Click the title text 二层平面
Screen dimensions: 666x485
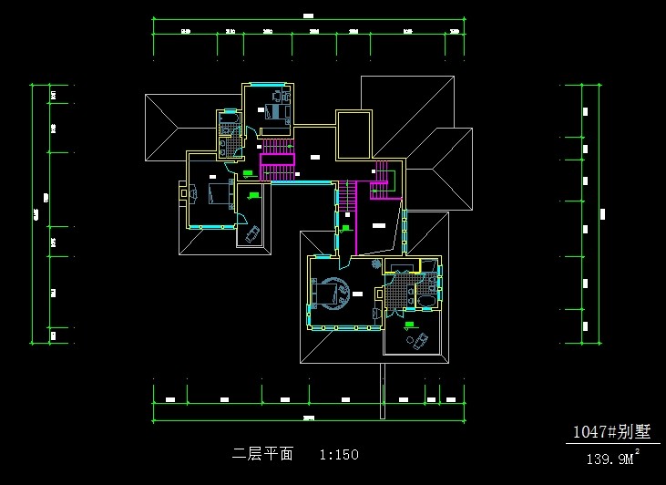point(263,453)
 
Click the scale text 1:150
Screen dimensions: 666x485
point(339,453)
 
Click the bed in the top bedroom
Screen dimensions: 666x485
point(274,111)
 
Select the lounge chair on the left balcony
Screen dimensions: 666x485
point(252,234)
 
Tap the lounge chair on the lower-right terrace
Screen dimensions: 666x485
point(420,341)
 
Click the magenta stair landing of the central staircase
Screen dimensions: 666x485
point(278,160)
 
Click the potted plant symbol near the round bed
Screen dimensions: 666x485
point(376,263)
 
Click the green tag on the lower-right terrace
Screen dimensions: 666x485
point(410,323)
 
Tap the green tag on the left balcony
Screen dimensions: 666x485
point(254,194)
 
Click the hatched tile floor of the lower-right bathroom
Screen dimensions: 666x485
point(398,294)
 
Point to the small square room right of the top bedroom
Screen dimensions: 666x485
point(353,134)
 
